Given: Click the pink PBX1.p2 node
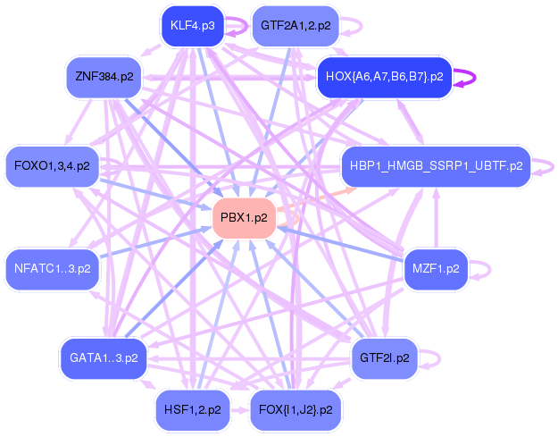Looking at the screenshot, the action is point(243,217).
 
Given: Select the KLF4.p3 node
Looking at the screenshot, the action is point(192,25).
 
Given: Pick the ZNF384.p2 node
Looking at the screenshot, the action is point(104,77).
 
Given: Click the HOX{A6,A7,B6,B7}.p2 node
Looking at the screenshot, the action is point(384,77).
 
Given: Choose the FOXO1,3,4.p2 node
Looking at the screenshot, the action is point(53,165).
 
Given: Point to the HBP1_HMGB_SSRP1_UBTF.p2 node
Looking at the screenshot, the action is point(436,165).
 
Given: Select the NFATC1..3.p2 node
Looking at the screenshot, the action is point(53,266).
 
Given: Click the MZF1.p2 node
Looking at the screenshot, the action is point(436,266).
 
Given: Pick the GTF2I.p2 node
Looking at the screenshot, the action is point(384,357).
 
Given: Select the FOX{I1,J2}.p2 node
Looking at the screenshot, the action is point(295,409).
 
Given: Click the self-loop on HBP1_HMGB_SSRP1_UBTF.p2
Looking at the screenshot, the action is point(541,165).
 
